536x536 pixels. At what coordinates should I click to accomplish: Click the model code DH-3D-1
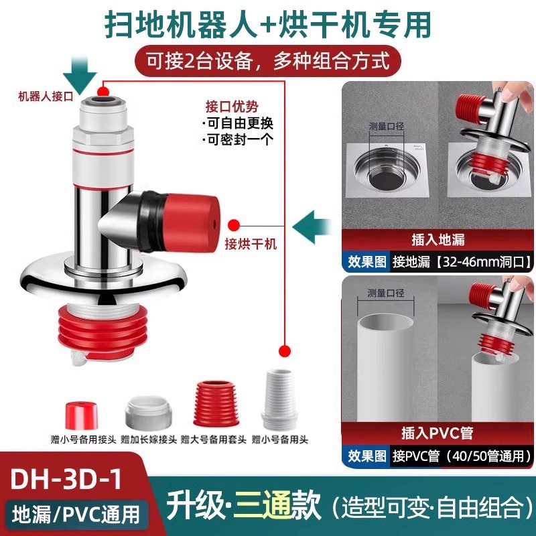click(66, 478)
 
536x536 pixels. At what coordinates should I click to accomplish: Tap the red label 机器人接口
click(46, 96)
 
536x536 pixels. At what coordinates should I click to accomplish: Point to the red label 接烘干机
click(251, 244)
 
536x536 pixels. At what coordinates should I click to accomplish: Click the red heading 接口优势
click(232, 107)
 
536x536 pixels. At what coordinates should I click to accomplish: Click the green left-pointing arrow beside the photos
click(312, 227)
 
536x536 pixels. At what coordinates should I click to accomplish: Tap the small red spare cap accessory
click(81, 415)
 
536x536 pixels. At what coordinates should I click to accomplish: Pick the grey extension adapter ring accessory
click(147, 413)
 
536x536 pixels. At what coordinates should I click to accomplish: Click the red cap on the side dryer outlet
click(192, 222)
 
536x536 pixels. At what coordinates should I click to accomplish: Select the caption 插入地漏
click(438, 239)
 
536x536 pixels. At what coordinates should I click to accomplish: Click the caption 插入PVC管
click(438, 433)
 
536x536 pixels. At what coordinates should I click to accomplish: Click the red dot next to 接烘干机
click(234, 226)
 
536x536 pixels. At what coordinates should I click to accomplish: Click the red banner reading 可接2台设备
click(268, 62)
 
